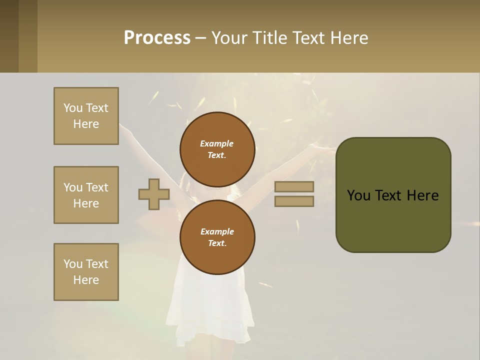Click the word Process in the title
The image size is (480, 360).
[157, 38]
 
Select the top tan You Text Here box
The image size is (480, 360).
[86, 116]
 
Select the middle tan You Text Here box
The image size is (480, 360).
[86, 195]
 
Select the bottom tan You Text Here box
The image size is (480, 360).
[86, 272]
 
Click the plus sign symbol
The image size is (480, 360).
[154, 194]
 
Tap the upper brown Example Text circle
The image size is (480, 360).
[217, 149]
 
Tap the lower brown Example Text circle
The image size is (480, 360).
[217, 237]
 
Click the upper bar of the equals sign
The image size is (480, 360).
[294, 186]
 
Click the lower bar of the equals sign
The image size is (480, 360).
[294, 201]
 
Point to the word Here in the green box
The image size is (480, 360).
[422, 195]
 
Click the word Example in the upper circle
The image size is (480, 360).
[217, 143]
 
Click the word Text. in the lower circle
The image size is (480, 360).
[217, 243]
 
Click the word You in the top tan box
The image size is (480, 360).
[72, 108]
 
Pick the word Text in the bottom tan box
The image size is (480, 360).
[97, 264]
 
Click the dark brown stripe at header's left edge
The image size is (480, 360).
[9, 36]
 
